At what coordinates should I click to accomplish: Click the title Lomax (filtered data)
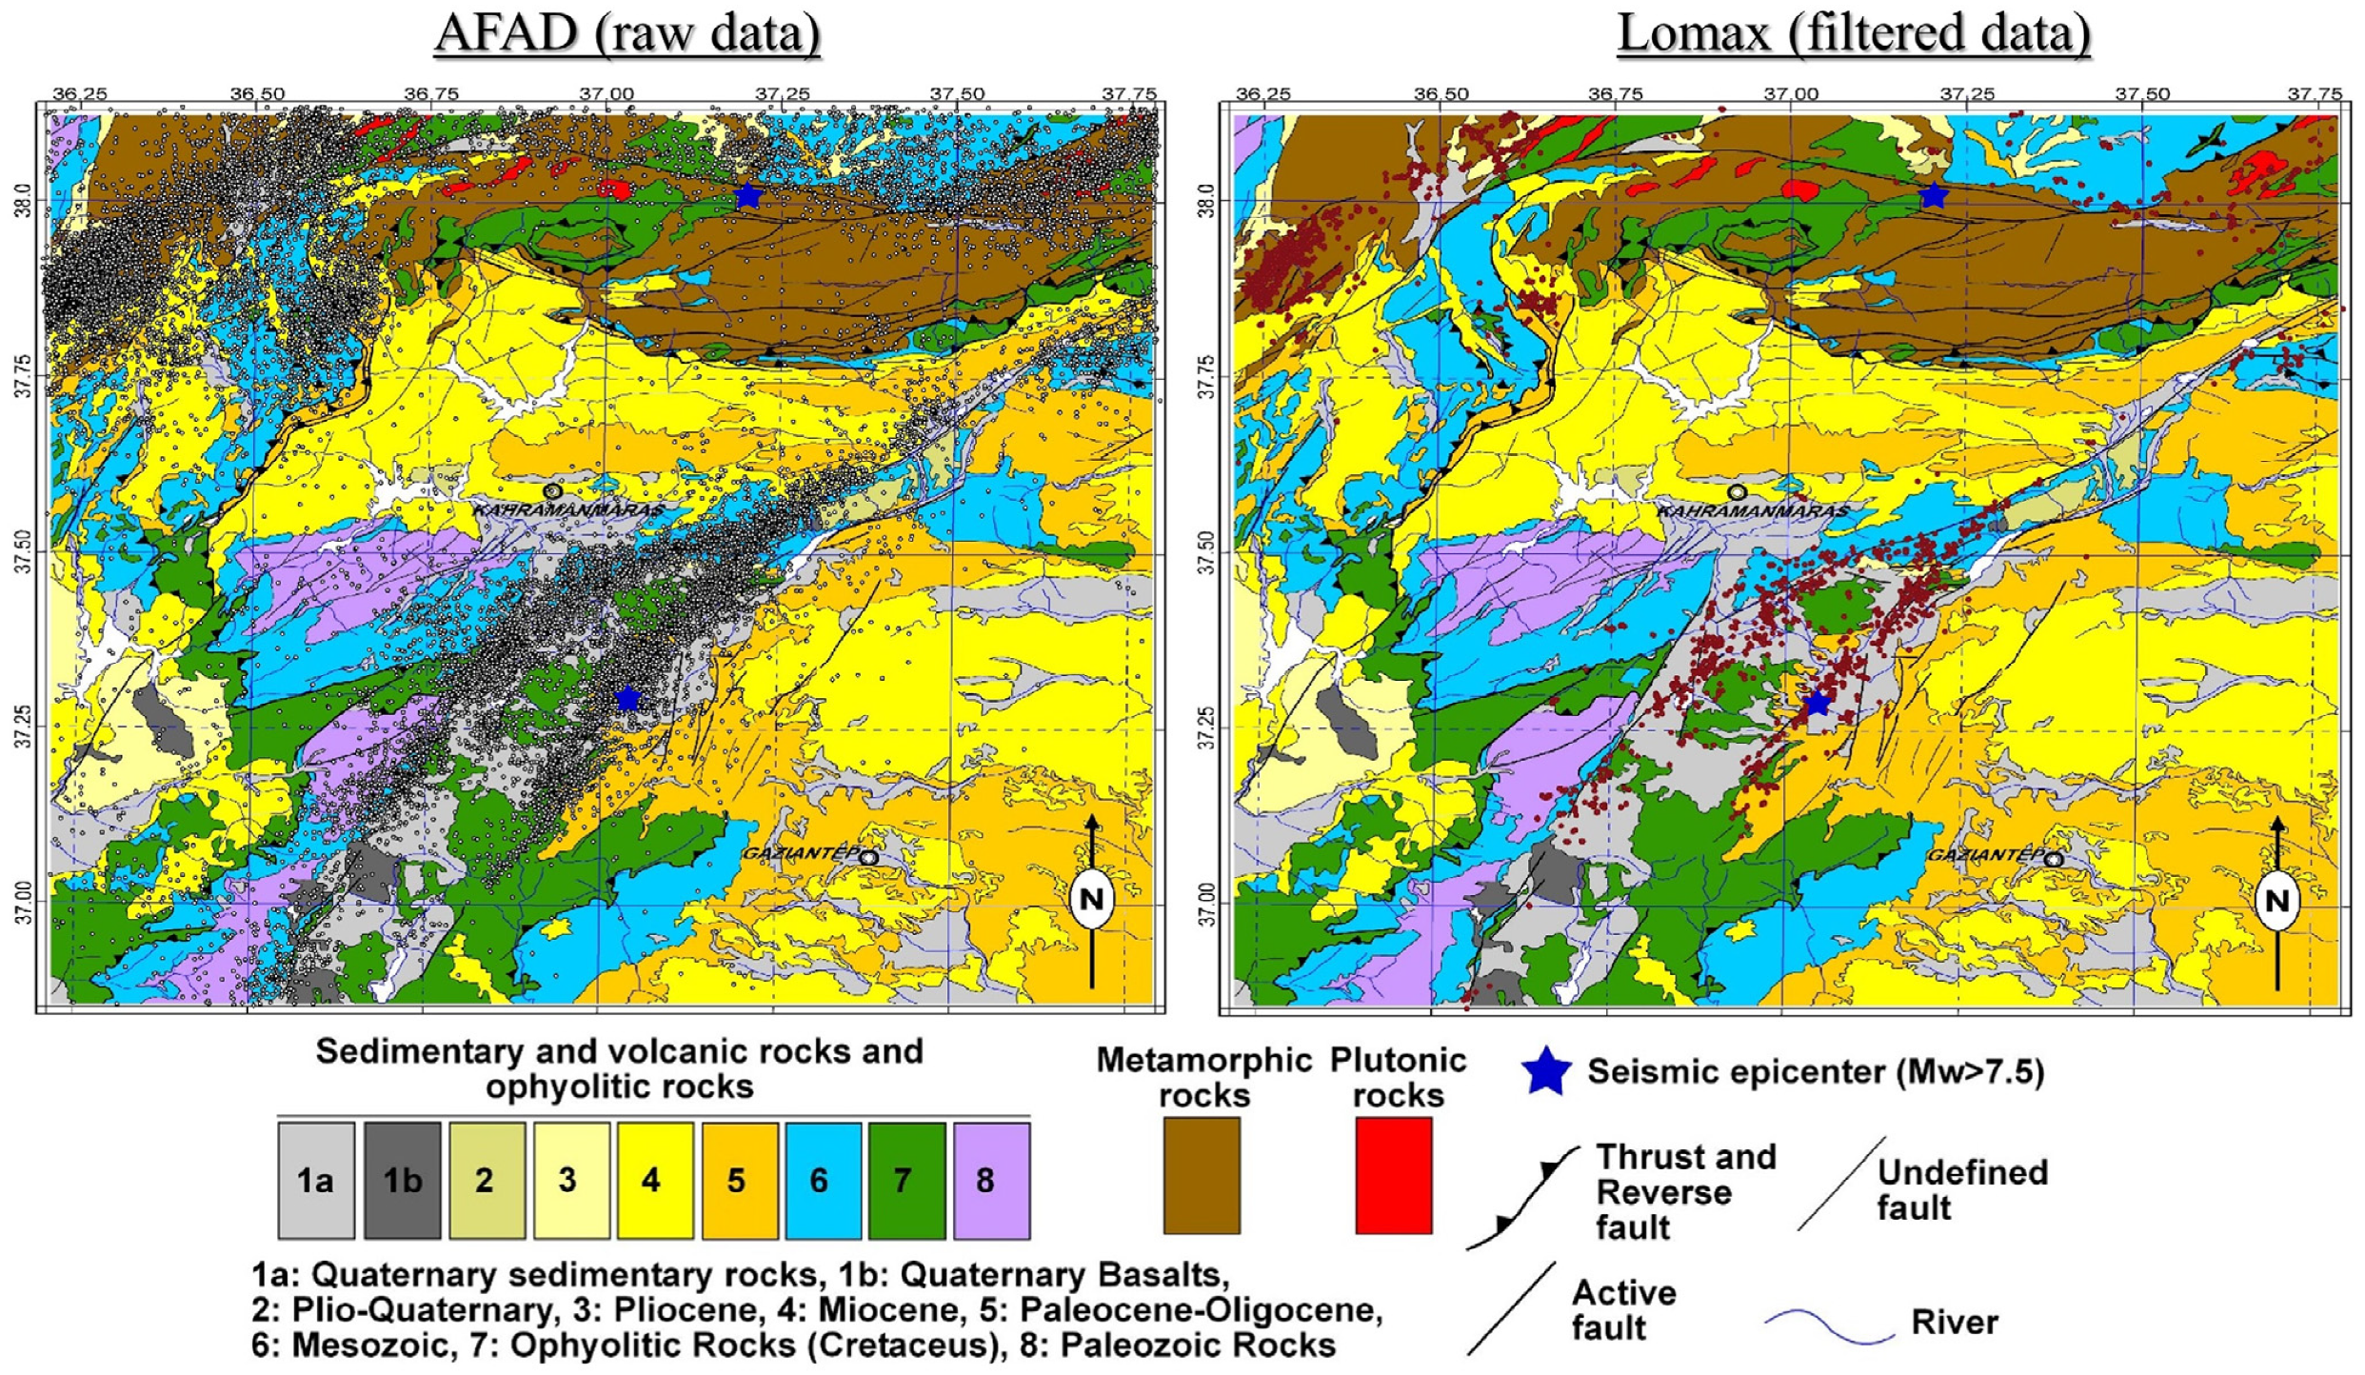1853,33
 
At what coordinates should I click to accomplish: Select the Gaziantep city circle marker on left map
868,857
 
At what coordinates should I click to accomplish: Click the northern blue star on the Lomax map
1933,196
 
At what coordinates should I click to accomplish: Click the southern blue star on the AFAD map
626,698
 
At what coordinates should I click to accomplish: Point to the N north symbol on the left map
1091,900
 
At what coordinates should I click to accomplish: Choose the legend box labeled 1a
316,1181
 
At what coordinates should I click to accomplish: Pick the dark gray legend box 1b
402,1181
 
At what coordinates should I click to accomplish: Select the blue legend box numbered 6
819,1181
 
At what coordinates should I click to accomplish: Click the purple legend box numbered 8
990,1181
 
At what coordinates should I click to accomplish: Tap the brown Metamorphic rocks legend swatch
1202,1175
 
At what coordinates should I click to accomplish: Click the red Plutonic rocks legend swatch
1393,1175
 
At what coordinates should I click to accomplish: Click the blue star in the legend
1546,1072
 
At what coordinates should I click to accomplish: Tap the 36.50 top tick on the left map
258,94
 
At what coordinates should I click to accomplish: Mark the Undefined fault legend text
1961,1190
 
